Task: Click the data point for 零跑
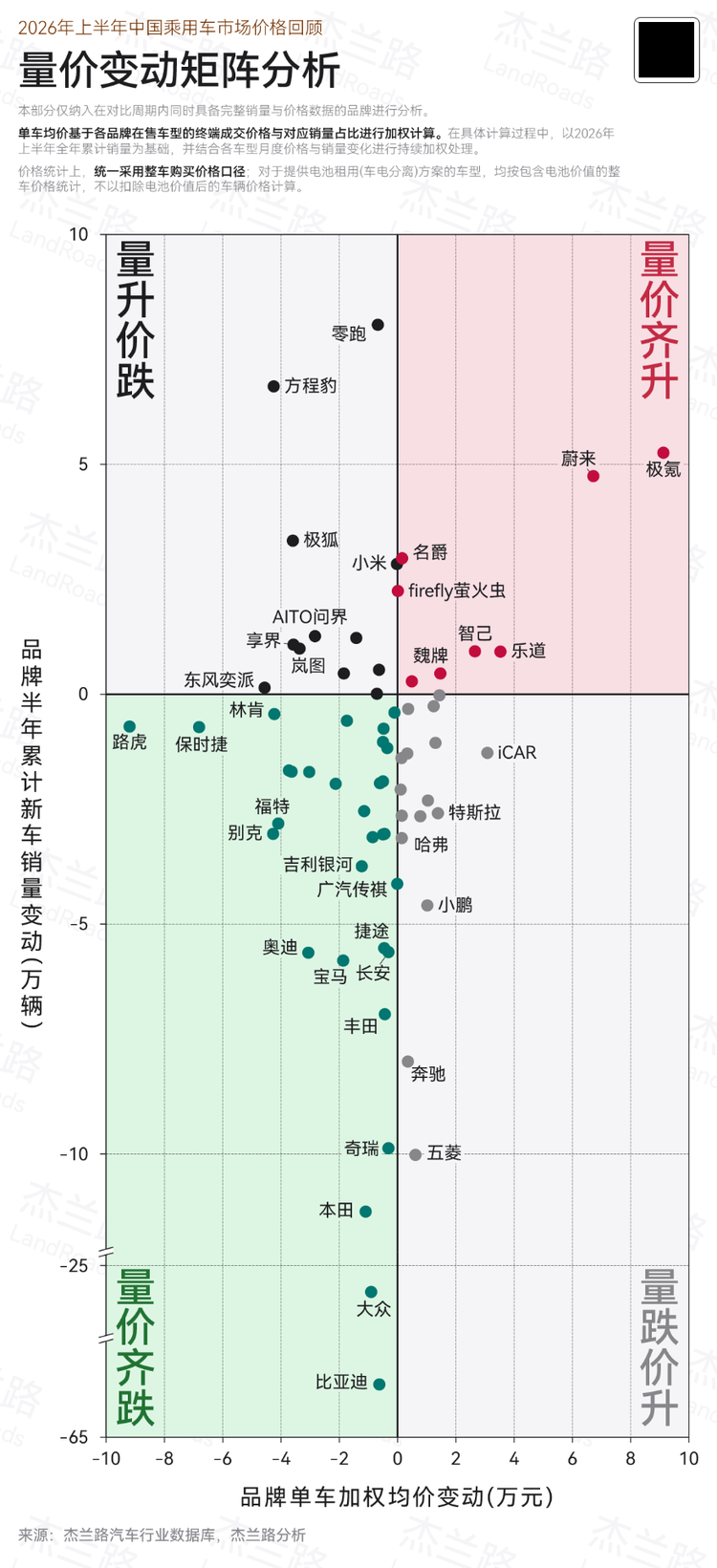pyautogui.click(x=378, y=325)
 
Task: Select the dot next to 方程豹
pyautogui.click(x=273, y=386)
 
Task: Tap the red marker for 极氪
pyautogui.click(x=663, y=453)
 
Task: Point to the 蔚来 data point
pyautogui.click(x=593, y=476)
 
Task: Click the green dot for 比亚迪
pyautogui.click(x=379, y=1384)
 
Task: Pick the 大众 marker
pyautogui.click(x=371, y=1292)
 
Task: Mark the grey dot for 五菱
pyautogui.click(x=415, y=1154)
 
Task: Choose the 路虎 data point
pyautogui.click(x=129, y=726)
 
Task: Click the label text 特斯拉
pyautogui.click(x=475, y=812)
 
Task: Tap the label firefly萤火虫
pyautogui.click(x=457, y=591)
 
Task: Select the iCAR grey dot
pyautogui.click(x=488, y=753)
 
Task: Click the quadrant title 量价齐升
pyautogui.click(x=660, y=319)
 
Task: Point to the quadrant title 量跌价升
pyautogui.click(x=660, y=1347)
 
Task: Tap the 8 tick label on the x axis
pyautogui.click(x=630, y=1459)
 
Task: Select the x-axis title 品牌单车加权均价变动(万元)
pyautogui.click(x=397, y=1496)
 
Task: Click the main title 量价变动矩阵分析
pyautogui.click(x=180, y=71)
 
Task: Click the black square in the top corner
pyautogui.click(x=666, y=50)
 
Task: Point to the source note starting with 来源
pyautogui.click(x=162, y=1535)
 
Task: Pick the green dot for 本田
pyautogui.click(x=365, y=1211)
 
